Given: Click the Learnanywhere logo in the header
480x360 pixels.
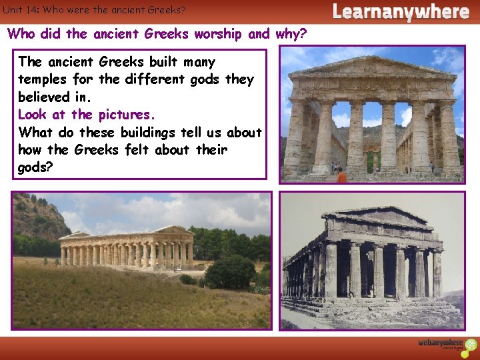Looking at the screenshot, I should pyautogui.click(x=400, y=11).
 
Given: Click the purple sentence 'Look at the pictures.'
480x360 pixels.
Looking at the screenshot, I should pyautogui.click(x=86, y=114).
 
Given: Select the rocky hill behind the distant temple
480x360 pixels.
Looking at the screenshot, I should pyautogui.click(x=37, y=217).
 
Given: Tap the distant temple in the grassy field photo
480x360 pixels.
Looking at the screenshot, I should pyautogui.click(x=127, y=248).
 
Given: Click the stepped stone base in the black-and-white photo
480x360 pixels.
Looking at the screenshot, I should pyautogui.click(x=373, y=308).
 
